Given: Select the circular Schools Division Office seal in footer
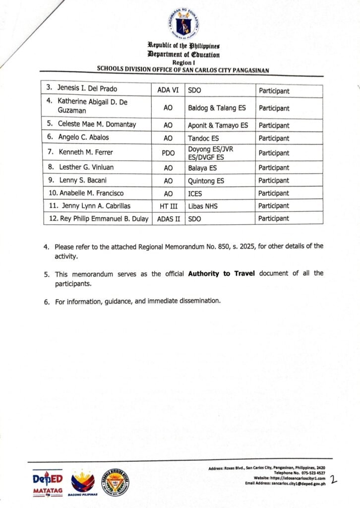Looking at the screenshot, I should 116,481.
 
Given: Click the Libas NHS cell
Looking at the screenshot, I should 204,206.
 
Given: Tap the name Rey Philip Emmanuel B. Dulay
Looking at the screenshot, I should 98,219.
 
